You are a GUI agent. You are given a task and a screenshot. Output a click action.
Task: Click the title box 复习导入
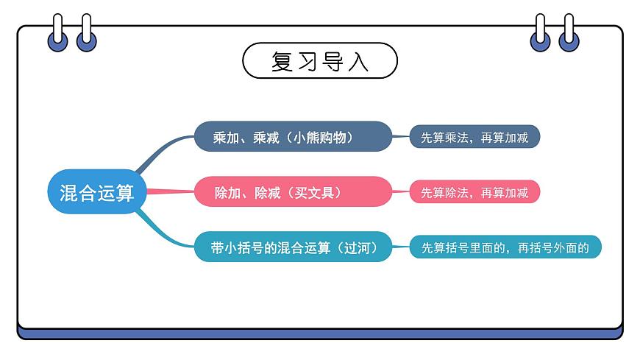click(319, 61)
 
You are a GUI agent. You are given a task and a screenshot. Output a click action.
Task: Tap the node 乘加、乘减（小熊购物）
click(292, 137)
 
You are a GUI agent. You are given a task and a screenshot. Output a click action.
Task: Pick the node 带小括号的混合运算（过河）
click(292, 248)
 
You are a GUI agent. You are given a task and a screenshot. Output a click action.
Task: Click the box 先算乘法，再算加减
click(474, 137)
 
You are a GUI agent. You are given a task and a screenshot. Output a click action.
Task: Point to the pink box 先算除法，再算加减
click(474, 193)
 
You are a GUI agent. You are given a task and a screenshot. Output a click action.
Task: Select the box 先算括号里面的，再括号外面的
click(505, 248)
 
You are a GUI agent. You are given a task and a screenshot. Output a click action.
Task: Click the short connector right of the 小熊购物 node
click(401, 137)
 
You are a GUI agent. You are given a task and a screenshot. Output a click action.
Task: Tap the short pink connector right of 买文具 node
click(401, 193)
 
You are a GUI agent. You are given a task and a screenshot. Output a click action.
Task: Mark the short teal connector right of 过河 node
click(401, 248)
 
